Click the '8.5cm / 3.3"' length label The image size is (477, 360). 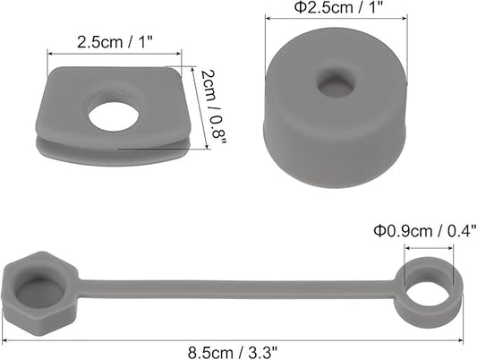pyautogui.click(x=233, y=353)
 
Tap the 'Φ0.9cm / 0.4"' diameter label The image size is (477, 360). pyautogui.click(x=425, y=231)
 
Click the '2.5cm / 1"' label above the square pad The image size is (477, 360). pyautogui.click(x=115, y=42)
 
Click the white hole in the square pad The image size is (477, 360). pyautogui.click(x=114, y=116)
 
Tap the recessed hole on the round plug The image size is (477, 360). pyautogui.click(x=336, y=83)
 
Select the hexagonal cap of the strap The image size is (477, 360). pyautogui.click(x=40, y=293)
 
